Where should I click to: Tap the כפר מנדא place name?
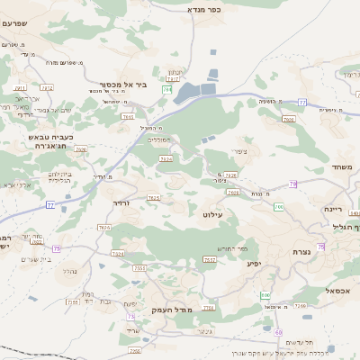[202, 9]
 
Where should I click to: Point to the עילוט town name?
[212, 214]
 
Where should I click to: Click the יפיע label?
[254, 264]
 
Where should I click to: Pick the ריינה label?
[335, 209]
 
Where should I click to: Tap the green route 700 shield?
[279, 207]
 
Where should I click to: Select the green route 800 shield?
[265, 295]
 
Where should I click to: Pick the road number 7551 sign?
[139, 268]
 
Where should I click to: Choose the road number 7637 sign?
[209, 260]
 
